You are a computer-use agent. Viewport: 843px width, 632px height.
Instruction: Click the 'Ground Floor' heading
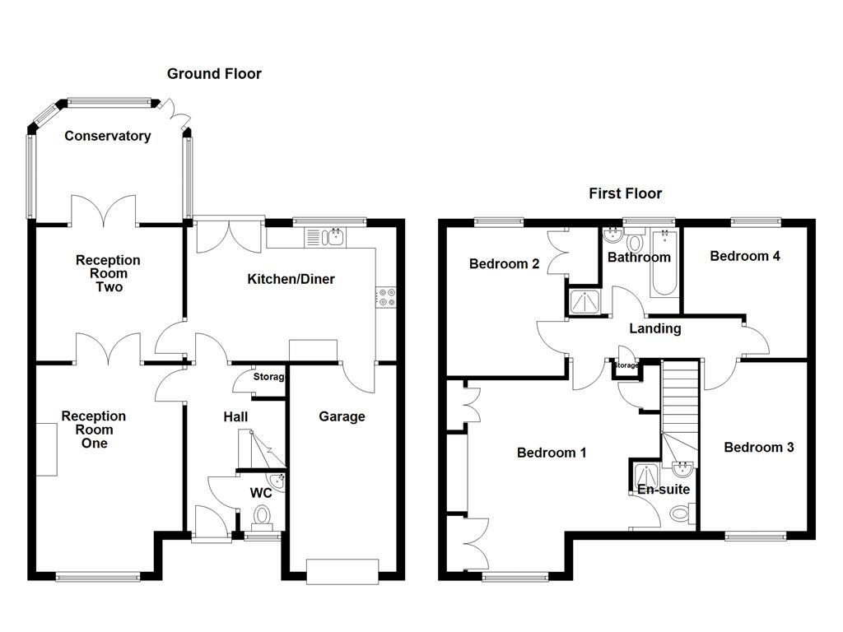pos(214,74)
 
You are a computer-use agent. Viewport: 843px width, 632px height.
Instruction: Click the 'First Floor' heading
pos(625,194)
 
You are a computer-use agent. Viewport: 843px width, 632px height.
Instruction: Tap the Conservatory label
pos(108,137)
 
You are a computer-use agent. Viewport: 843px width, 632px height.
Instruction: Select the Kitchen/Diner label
pos(291,280)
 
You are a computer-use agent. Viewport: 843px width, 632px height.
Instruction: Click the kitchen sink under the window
pos(327,238)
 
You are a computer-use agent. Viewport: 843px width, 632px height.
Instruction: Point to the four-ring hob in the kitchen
pos(385,297)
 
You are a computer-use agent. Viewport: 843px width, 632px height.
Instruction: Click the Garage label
pos(342,416)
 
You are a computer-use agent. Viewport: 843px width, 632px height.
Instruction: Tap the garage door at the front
pos(342,571)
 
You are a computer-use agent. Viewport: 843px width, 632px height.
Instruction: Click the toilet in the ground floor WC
pos(263,517)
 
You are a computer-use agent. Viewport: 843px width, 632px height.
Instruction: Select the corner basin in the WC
pos(277,480)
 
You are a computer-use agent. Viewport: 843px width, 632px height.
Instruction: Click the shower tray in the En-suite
pos(645,476)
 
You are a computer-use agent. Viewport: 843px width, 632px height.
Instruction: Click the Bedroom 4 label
pos(745,256)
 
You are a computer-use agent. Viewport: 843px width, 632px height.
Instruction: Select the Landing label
pos(654,329)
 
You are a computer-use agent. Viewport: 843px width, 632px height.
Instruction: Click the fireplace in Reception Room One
pos(46,448)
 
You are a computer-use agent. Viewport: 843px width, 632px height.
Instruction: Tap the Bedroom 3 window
pos(755,537)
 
